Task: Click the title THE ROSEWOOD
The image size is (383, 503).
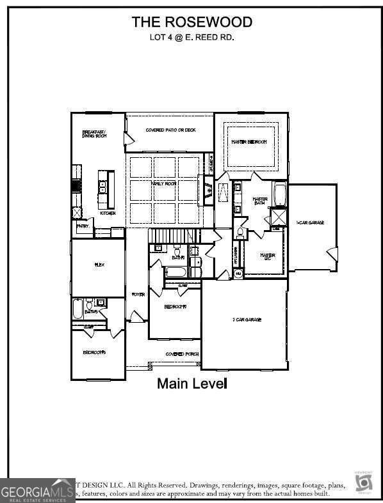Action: (191, 22)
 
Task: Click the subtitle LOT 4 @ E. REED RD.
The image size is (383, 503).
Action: (191, 37)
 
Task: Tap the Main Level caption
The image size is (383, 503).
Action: (192, 384)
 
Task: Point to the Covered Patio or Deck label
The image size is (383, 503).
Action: (170, 130)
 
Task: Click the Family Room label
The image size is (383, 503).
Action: (163, 183)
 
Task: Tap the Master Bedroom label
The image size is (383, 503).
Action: (249, 141)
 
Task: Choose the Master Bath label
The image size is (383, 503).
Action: (259, 201)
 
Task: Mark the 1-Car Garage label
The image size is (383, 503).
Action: (310, 222)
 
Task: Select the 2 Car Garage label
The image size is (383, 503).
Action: (246, 319)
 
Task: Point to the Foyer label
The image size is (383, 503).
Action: (138, 295)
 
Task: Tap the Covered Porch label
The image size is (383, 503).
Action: (182, 354)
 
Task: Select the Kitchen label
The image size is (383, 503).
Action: (107, 213)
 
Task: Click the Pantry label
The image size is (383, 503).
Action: (83, 226)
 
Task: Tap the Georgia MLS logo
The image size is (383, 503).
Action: (37, 491)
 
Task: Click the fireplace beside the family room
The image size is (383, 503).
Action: (209, 189)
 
